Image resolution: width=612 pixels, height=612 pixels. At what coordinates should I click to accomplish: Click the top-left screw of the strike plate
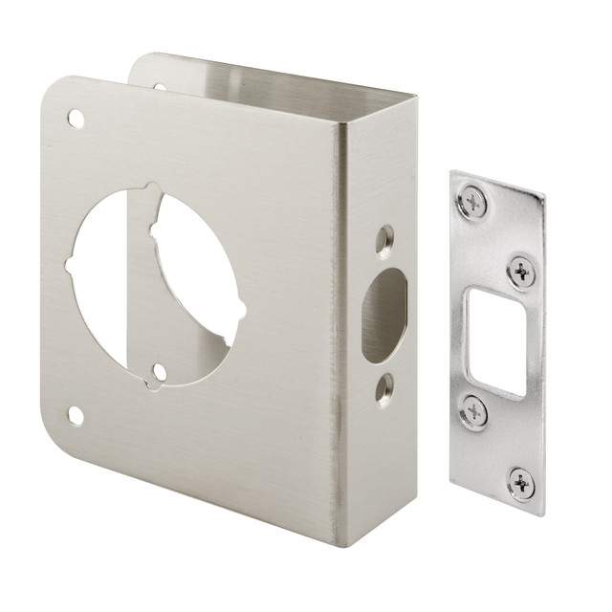[472, 202]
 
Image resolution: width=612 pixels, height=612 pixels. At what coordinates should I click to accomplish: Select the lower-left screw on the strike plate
[473, 411]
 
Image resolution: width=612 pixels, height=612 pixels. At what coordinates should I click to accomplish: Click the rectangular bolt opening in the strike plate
[497, 342]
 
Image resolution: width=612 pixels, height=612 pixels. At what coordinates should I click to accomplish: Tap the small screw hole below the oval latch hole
[384, 387]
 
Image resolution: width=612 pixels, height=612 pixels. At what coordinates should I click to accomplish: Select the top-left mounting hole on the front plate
[75, 120]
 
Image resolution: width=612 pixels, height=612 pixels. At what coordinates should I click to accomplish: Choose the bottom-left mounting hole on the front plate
[75, 415]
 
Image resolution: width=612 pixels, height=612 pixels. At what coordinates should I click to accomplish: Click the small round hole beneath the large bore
[161, 373]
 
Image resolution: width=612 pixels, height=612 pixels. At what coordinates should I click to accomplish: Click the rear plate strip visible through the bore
[140, 287]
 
